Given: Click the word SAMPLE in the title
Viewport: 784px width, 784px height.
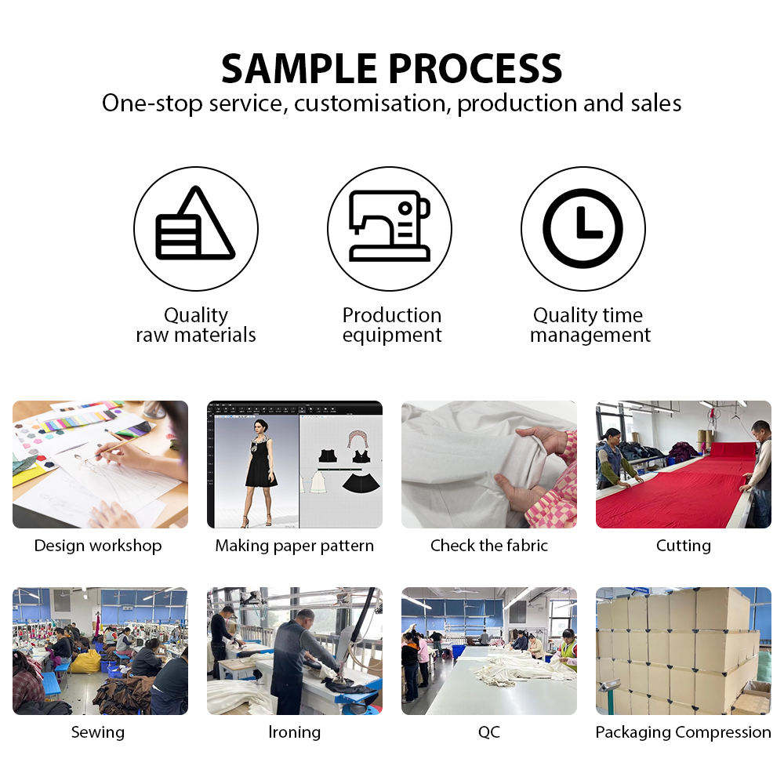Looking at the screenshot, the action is click(x=299, y=68).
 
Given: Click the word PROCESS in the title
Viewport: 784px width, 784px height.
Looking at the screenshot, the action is click(x=476, y=68).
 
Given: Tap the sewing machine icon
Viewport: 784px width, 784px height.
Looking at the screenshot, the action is click(x=390, y=226).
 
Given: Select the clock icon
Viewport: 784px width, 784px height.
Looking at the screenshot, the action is click(x=583, y=228).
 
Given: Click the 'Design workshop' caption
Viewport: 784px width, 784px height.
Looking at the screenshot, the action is click(x=98, y=546).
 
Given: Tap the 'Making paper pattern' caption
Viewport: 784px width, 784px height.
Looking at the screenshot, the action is click(x=295, y=546).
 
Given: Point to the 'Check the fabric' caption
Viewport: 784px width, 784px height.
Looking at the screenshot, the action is click(x=489, y=545).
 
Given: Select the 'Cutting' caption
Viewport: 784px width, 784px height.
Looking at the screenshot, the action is click(x=684, y=546).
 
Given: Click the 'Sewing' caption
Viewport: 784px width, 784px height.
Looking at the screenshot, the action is click(x=98, y=732).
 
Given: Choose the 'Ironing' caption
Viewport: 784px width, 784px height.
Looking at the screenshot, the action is click(x=295, y=732).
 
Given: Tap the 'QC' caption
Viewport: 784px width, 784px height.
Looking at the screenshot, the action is click(x=489, y=732).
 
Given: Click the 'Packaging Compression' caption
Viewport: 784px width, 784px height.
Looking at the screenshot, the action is click(x=683, y=732).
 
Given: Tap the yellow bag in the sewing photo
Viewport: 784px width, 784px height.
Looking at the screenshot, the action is click(x=86, y=661).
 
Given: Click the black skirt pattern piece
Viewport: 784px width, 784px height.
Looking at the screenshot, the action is click(x=361, y=482).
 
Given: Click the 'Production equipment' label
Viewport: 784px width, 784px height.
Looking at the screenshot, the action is click(x=392, y=325).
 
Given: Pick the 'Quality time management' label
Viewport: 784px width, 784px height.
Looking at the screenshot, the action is click(x=590, y=325).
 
